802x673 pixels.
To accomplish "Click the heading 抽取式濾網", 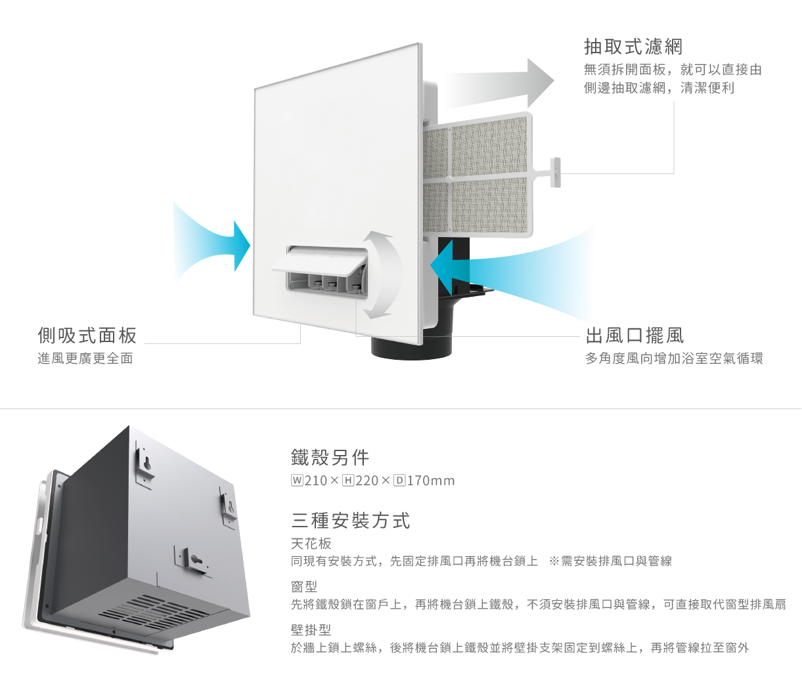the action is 633,47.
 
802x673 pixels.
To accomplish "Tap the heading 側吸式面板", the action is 87,336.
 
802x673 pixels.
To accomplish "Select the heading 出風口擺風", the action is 635,336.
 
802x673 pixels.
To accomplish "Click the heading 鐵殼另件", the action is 330,457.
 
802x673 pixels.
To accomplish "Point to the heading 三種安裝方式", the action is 351,521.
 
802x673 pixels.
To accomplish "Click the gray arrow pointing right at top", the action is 499,83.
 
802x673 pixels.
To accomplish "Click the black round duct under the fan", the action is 411,345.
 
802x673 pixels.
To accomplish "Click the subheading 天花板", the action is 311,544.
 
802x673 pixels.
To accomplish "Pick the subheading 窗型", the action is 304,586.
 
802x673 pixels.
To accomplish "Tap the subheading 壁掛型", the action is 311,630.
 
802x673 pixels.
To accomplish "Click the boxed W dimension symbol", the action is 297,480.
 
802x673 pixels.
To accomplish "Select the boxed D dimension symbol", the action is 399,480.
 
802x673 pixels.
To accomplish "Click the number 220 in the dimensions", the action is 367,481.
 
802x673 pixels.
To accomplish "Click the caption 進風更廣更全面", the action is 85,358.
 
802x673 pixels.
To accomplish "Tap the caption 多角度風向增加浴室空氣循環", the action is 674,358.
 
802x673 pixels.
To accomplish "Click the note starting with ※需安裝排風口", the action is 611,561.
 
